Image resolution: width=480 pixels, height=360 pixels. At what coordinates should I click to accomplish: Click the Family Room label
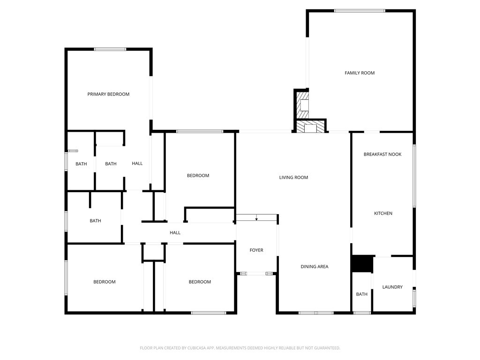pos(360,73)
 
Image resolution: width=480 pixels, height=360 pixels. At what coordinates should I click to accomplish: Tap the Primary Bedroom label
pos(108,94)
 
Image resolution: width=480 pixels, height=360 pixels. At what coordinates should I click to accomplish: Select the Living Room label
pos(293,177)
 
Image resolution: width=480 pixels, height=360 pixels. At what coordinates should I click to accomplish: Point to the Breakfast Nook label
pos(382,154)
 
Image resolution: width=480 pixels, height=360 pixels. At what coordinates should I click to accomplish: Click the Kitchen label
pos(383,213)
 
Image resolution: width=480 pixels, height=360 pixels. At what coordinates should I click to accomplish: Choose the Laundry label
pos(392,287)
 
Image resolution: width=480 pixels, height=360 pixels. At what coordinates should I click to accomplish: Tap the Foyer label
pos(256,250)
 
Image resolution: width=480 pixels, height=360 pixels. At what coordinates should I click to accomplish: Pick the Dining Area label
pos(315,267)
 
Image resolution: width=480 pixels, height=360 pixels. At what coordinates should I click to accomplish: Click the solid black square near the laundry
pos(362,263)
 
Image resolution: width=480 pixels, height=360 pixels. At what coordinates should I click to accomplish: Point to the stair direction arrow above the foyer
pos(256,217)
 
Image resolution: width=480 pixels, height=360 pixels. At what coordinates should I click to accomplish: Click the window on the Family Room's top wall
pos(360,11)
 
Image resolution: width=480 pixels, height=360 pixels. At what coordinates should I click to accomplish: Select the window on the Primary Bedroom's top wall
pos(110,49)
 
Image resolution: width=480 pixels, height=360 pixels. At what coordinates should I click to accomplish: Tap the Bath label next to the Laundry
pos(361,294)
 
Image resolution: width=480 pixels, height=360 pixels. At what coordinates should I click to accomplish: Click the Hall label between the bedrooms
pos(175,232)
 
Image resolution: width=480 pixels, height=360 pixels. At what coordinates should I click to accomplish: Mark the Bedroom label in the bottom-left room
pos(105,282)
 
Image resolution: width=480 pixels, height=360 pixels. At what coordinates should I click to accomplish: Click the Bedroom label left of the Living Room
pos(198,175)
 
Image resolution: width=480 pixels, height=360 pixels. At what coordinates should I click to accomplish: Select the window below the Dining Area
pos(316,313)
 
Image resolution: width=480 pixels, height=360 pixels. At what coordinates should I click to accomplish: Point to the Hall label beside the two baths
pos(137,164)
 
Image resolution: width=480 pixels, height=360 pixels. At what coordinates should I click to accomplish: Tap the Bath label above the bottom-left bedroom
pos(95,221)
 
